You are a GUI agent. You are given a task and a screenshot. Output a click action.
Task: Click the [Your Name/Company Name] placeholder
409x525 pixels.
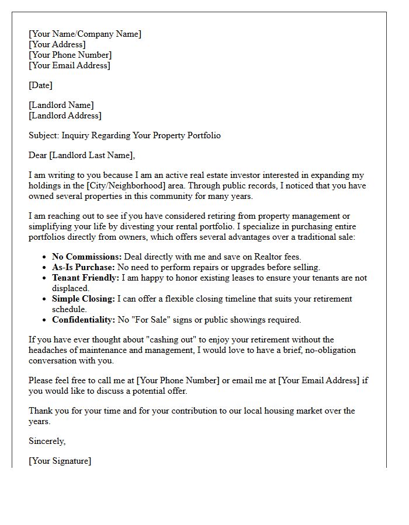point(85,34)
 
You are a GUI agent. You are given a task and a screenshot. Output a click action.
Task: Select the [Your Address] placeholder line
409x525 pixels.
point(57,44)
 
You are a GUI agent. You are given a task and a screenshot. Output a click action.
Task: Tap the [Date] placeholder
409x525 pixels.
point(40,85)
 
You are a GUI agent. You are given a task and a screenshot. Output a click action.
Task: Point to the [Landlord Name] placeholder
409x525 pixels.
point(61,105)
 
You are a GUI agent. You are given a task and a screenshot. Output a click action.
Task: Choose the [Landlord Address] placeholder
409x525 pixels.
point(65,116)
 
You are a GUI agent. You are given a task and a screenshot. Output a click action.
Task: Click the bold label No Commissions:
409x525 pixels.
point(86,257)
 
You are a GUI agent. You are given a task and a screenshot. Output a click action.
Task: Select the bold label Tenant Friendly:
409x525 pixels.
point(85,278)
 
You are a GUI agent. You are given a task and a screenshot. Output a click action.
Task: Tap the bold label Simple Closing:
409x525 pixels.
point(84,299)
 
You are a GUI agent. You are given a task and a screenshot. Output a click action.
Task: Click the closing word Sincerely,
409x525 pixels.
point(47,441)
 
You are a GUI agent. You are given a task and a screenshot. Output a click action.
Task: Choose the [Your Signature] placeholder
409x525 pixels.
point(60,461)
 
